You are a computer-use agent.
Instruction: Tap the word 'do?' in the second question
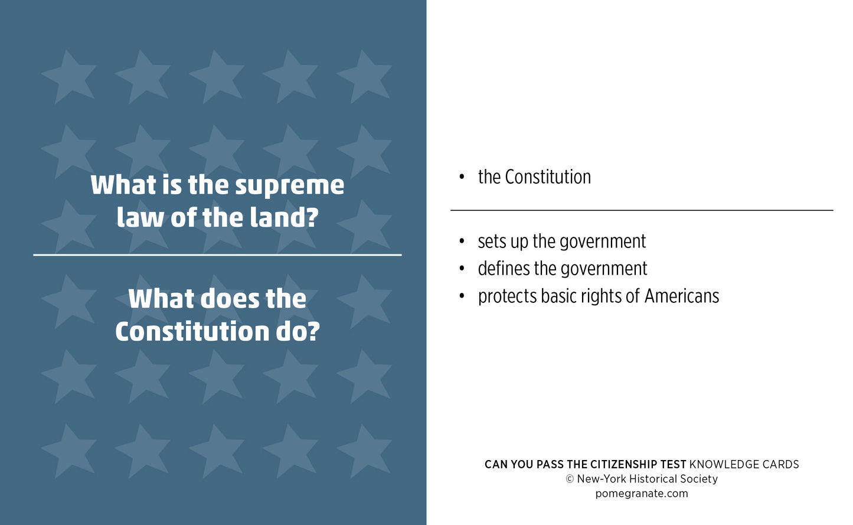(x=298, y=331)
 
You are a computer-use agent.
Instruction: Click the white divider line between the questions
(x=217, y=255)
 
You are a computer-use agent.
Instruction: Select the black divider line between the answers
(x=642, y=210)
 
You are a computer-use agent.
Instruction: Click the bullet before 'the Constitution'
(x=462, y=177)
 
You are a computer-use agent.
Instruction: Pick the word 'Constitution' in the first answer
(x=548, y=177)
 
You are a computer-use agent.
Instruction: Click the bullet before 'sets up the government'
(x=462, y=242)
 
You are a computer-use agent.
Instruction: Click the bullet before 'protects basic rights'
(x=462, y=296)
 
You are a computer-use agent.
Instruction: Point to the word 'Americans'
(x=682, y=296)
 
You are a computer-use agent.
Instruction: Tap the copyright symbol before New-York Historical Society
(x=570, y=479)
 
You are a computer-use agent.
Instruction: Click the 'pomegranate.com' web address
(x=642, y=494)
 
